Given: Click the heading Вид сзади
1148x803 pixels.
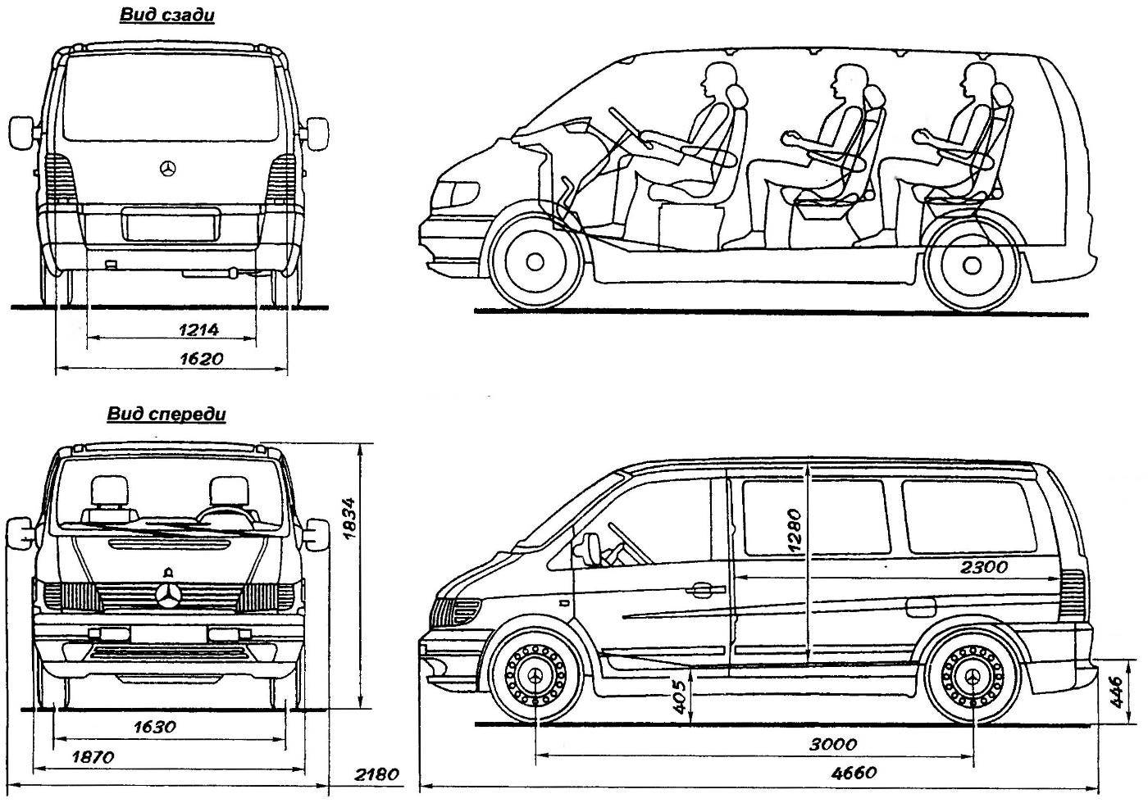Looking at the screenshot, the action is point(167,15).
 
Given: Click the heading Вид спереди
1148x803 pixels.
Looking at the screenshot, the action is point(166,414).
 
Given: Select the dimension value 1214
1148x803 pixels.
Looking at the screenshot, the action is point(198,329).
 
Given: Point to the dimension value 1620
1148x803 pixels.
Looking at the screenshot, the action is point(202,359).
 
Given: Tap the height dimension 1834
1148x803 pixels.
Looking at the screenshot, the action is point(349,518).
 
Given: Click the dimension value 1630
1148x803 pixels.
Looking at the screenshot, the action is point(155,727).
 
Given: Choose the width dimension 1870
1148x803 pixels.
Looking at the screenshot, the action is point(93,756).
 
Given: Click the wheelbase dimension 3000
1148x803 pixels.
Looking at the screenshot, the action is point(833,744).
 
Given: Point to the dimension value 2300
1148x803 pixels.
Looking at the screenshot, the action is point(984,567).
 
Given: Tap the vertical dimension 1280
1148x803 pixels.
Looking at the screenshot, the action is point(794,531).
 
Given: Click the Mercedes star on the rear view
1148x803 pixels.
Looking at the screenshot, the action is point(167,169).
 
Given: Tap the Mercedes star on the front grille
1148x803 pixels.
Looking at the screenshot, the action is point(168,596).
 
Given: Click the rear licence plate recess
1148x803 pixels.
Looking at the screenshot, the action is point(171,224).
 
